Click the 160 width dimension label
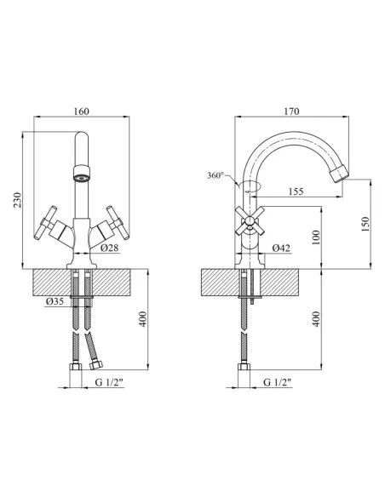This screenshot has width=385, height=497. tap(82, 111)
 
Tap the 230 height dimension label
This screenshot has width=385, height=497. tap(17, 200)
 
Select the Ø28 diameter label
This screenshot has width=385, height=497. tap(110, 248)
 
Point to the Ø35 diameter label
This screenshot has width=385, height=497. tap(55, 301)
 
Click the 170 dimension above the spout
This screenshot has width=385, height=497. tap(291, 111)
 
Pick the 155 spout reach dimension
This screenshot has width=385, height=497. tap(296, 191)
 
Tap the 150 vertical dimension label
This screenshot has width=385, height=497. tap(365, 224)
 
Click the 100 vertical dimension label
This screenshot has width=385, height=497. tap(316, 237)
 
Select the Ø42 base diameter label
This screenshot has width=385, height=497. tap(281, 248)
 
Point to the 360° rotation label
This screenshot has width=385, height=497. tap(215, 175)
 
